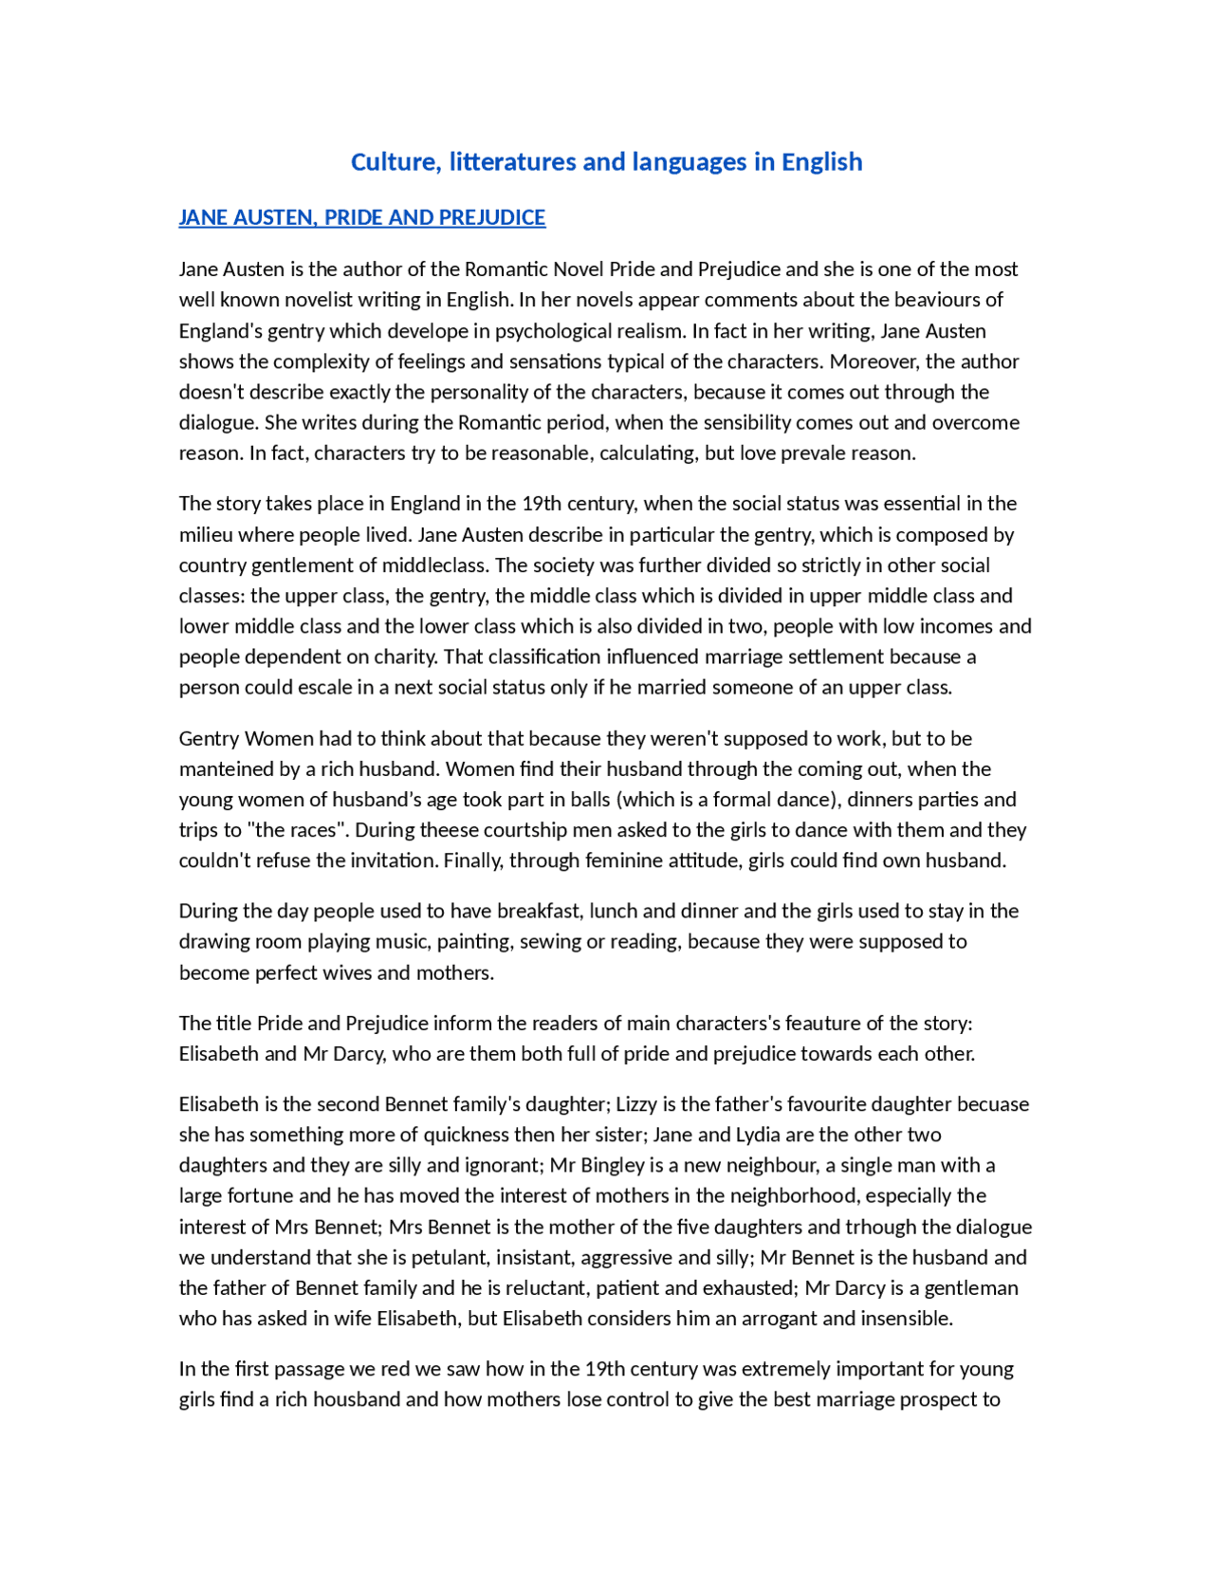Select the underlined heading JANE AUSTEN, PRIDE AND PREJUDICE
(x=361, y=217)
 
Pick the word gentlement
(x=313, y=565)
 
